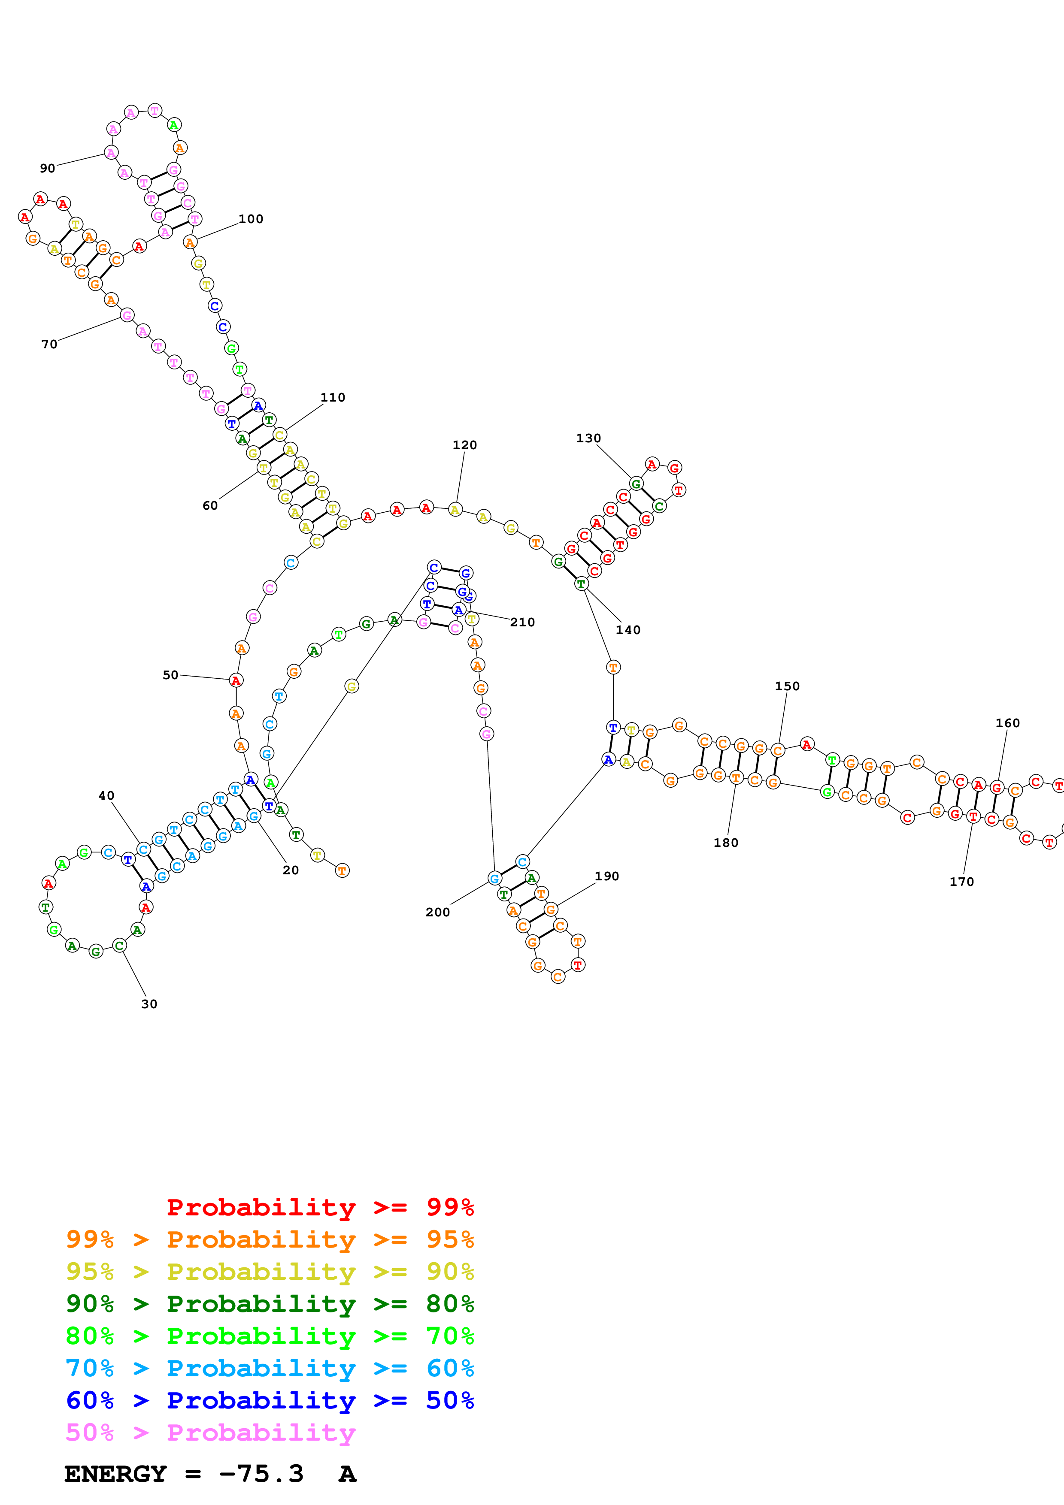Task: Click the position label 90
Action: point(47,169)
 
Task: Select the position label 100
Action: point(250,219)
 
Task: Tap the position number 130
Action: point(588,438)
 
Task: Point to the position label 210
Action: point(522,622)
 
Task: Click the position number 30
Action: point(149,1003)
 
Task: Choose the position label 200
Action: point(437,912)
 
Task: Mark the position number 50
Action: point(170,674)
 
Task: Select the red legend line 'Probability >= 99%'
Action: point(320,1207)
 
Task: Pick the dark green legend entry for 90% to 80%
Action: point(270,1304)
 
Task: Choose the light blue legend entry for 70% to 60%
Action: point(270,1368)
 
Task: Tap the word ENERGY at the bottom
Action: point(115,1474)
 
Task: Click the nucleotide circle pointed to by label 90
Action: point(111,153)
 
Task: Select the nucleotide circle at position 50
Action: point(236,680)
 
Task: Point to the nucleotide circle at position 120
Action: point(455,509)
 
